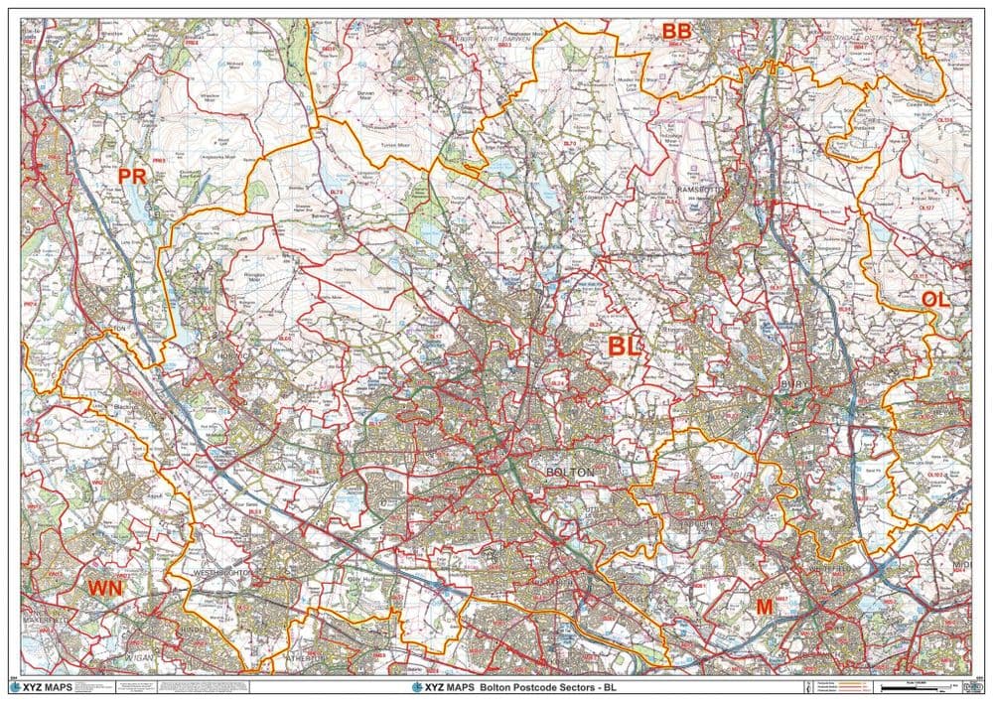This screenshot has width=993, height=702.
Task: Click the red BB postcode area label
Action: pos(676,33)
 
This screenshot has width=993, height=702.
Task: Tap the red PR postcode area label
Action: pos(132,177)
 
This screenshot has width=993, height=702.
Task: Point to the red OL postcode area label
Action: pos(934,299)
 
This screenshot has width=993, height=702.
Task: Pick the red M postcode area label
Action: pos(764,606)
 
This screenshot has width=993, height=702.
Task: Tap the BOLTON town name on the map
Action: pos(570,472)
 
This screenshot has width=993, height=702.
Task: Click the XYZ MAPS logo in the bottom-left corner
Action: pos(44,687)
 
